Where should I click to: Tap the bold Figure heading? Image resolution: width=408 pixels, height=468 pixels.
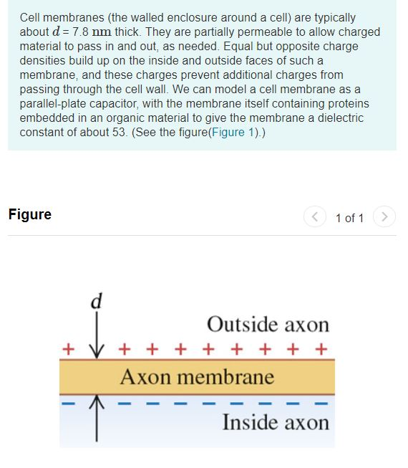coord(30,214)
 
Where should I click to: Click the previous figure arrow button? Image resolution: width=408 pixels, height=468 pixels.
coord(314,216)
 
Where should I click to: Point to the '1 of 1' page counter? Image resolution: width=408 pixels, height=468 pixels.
coord(349,217)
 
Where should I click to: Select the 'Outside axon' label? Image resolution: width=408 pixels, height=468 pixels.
coord(268,325)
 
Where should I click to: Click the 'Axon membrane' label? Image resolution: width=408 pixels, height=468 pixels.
coord(197,376)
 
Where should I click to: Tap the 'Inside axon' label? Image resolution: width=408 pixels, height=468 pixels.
coord(276,421)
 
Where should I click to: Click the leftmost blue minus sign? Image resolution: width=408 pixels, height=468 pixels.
coord(69,403)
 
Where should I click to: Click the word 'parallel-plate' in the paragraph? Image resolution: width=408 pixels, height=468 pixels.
coord(54,104)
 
